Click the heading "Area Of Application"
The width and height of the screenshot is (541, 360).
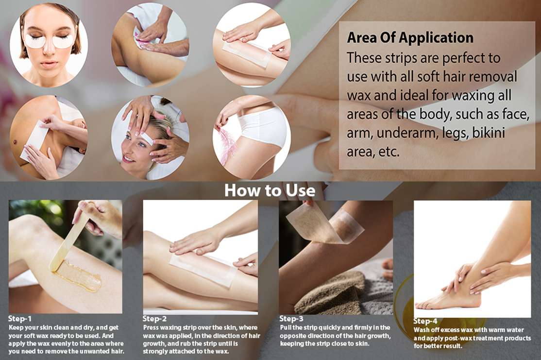(x=410, y=37)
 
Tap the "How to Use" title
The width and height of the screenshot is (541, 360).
(x=270, y=190)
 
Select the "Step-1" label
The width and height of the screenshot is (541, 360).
(x=19, y=319)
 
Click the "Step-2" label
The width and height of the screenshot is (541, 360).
(x=154, y=319)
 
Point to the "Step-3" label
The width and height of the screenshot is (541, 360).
(x=291, y=319)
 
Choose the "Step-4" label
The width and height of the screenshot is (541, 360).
(x=425, y=321)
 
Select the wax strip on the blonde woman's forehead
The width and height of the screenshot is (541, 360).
(x=147, y=138)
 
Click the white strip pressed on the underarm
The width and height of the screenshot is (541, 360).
(x=34, y=140)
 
